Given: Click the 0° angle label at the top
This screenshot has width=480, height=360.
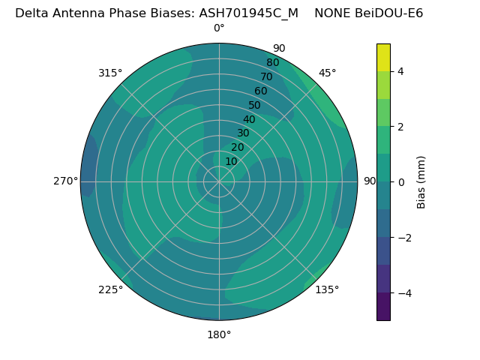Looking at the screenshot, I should point(219,28).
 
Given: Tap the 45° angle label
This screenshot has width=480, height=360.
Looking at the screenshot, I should point(327,73).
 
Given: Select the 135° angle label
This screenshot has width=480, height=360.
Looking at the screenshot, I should point(327,289).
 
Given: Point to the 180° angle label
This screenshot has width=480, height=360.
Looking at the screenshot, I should point(219,334).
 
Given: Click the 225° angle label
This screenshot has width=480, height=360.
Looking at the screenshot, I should point(110,289).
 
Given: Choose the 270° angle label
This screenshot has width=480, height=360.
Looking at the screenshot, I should point(66,181).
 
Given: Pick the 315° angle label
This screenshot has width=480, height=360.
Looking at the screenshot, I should point(110,73).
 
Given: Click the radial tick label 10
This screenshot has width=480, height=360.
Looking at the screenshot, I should point(231,161).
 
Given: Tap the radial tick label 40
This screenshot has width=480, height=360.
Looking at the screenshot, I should point(249,119).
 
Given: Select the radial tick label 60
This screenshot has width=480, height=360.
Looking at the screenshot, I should point(260,91).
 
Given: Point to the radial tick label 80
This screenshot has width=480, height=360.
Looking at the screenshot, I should point(272,63).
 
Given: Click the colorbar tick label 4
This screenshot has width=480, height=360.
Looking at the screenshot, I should point(401,71).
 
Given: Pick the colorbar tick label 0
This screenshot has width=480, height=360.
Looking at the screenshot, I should point(401,182).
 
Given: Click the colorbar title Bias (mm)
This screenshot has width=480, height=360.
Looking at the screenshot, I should point(421,182).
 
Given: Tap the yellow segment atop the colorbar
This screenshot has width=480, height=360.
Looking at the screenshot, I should point(383,57).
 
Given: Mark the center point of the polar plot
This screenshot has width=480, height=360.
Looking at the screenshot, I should point(219,181).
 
